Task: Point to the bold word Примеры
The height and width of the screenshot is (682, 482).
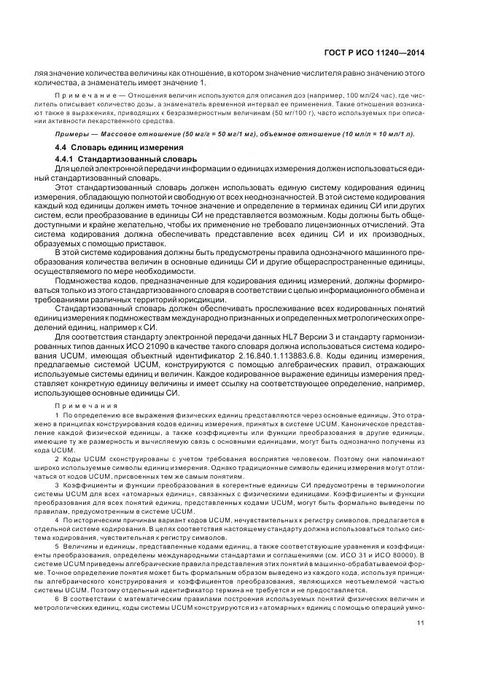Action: [71, 134]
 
